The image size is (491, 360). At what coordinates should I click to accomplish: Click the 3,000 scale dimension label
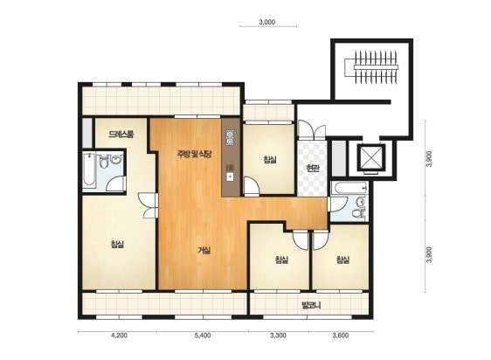click(x=267, y=22)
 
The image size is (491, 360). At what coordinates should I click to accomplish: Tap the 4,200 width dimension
click(x=120, y=336)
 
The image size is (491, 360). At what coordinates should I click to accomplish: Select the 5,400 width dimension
click(x=203, y=336)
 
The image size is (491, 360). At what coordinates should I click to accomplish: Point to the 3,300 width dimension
click(x=278, y=336)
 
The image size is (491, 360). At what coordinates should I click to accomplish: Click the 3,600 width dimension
click(x=341, y=336)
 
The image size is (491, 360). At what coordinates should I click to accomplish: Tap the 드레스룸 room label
click(x=121, y=135)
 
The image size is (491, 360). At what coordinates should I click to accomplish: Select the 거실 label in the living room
click(x=204, y=250)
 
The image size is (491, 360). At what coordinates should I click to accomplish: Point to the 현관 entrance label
click(x=313, y=169)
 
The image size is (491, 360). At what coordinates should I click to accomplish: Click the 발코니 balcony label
click(x=311, y=305)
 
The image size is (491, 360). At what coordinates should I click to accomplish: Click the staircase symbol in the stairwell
click(x=371, y=67)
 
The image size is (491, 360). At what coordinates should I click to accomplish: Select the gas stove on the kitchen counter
click(x=231, y=137)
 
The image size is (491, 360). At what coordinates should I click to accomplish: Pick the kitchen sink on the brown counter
click(x=230, y=172)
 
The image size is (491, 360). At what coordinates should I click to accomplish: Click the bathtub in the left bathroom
click(x=90, y=170)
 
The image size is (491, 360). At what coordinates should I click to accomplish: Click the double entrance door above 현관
click(x=312, y=129)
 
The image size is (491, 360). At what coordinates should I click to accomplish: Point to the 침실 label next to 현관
click(x=270, y=160)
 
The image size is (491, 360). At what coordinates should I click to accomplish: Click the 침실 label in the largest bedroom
click(x=117, y=244)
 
